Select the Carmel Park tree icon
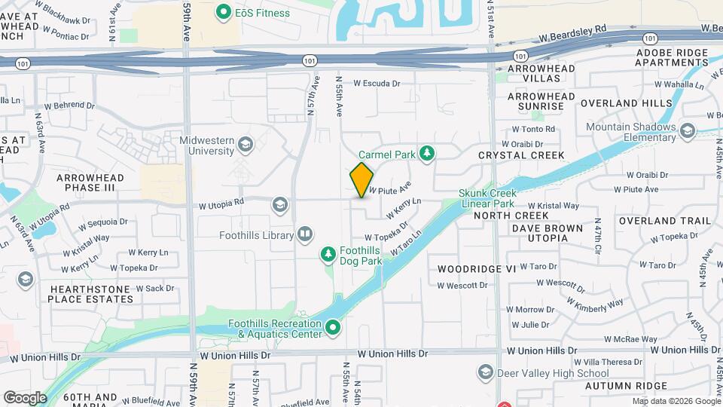click(427, 154)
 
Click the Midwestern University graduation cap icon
click(245, 144)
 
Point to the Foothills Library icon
click(305, 235)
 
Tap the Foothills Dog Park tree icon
click(328, 256)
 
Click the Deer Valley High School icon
click(485, 373)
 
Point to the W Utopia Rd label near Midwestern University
click(221, 203)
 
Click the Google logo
click(24, 397)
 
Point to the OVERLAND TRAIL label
click(664, 221)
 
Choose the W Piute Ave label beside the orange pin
click(390, 187)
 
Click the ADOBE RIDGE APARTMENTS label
click(672, 57)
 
